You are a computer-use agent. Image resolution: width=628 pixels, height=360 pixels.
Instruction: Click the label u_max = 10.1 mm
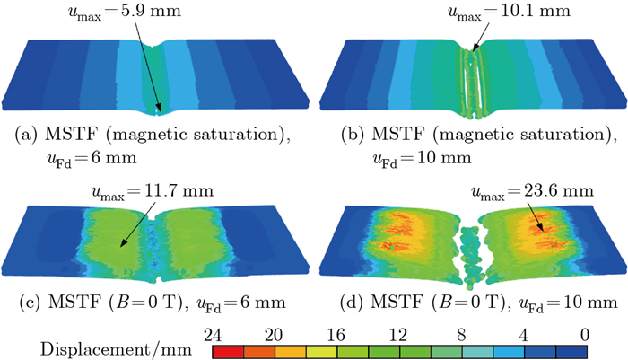click(474, 13)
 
